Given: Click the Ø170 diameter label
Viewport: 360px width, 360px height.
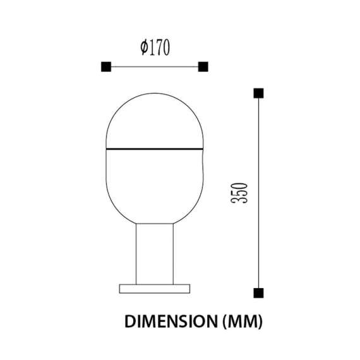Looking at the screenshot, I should pos(155,47).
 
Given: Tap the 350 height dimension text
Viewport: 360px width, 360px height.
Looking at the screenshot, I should pos(239,193).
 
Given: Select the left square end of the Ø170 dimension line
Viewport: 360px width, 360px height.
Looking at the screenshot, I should pos(105,66).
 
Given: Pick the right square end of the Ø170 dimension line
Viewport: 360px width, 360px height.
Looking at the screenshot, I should pos(203,66).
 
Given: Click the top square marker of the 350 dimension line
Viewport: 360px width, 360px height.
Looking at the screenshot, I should pos(258,94).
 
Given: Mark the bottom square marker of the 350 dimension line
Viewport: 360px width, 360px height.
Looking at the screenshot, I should pos(258,292).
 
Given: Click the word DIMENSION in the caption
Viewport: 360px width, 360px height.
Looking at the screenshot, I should pos(169,321).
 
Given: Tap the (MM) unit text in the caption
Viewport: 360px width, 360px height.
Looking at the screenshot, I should pos(241,321).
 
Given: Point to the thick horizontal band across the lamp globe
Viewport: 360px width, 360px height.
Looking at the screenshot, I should pos(155,149).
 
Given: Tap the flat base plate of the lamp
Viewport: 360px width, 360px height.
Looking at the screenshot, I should pos(155,289).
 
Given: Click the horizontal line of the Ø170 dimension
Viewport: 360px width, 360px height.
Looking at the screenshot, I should pos(155,66).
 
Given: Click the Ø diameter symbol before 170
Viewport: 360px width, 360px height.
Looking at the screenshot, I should pos(145,47).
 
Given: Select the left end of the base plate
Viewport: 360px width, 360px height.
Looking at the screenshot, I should pos(122,289).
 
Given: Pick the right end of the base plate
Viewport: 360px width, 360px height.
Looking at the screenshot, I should pos(188,289).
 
